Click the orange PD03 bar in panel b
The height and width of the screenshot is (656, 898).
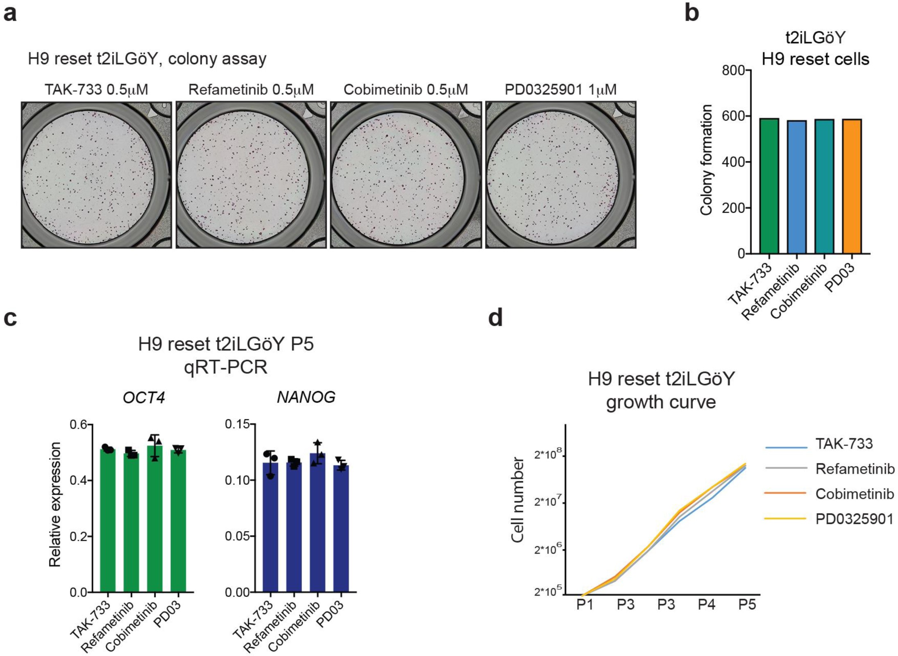(x=852, y=186)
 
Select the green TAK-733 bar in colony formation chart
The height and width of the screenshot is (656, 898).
(x=769, y=186)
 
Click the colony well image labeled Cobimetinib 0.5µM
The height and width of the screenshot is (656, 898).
(x=406, y=175)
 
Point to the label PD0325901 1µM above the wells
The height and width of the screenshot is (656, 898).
(x=560, y=89)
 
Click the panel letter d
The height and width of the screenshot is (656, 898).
(x=496, y=318)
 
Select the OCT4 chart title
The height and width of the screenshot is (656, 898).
(x=144, y=397)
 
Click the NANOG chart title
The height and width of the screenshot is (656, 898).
(x=306, y=397)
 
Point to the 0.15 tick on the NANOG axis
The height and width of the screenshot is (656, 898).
(x=238, y=424)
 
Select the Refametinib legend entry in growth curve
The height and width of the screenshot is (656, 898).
(x=855, y=469)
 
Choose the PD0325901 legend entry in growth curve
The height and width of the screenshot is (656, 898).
(x=854, y=519)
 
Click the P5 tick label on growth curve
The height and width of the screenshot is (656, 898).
(x=747, y=605)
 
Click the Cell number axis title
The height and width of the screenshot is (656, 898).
(x=518, y=500)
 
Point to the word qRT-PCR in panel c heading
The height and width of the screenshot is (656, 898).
(x=226, y=367)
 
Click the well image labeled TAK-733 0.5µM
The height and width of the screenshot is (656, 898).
(x=96, y=175)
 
